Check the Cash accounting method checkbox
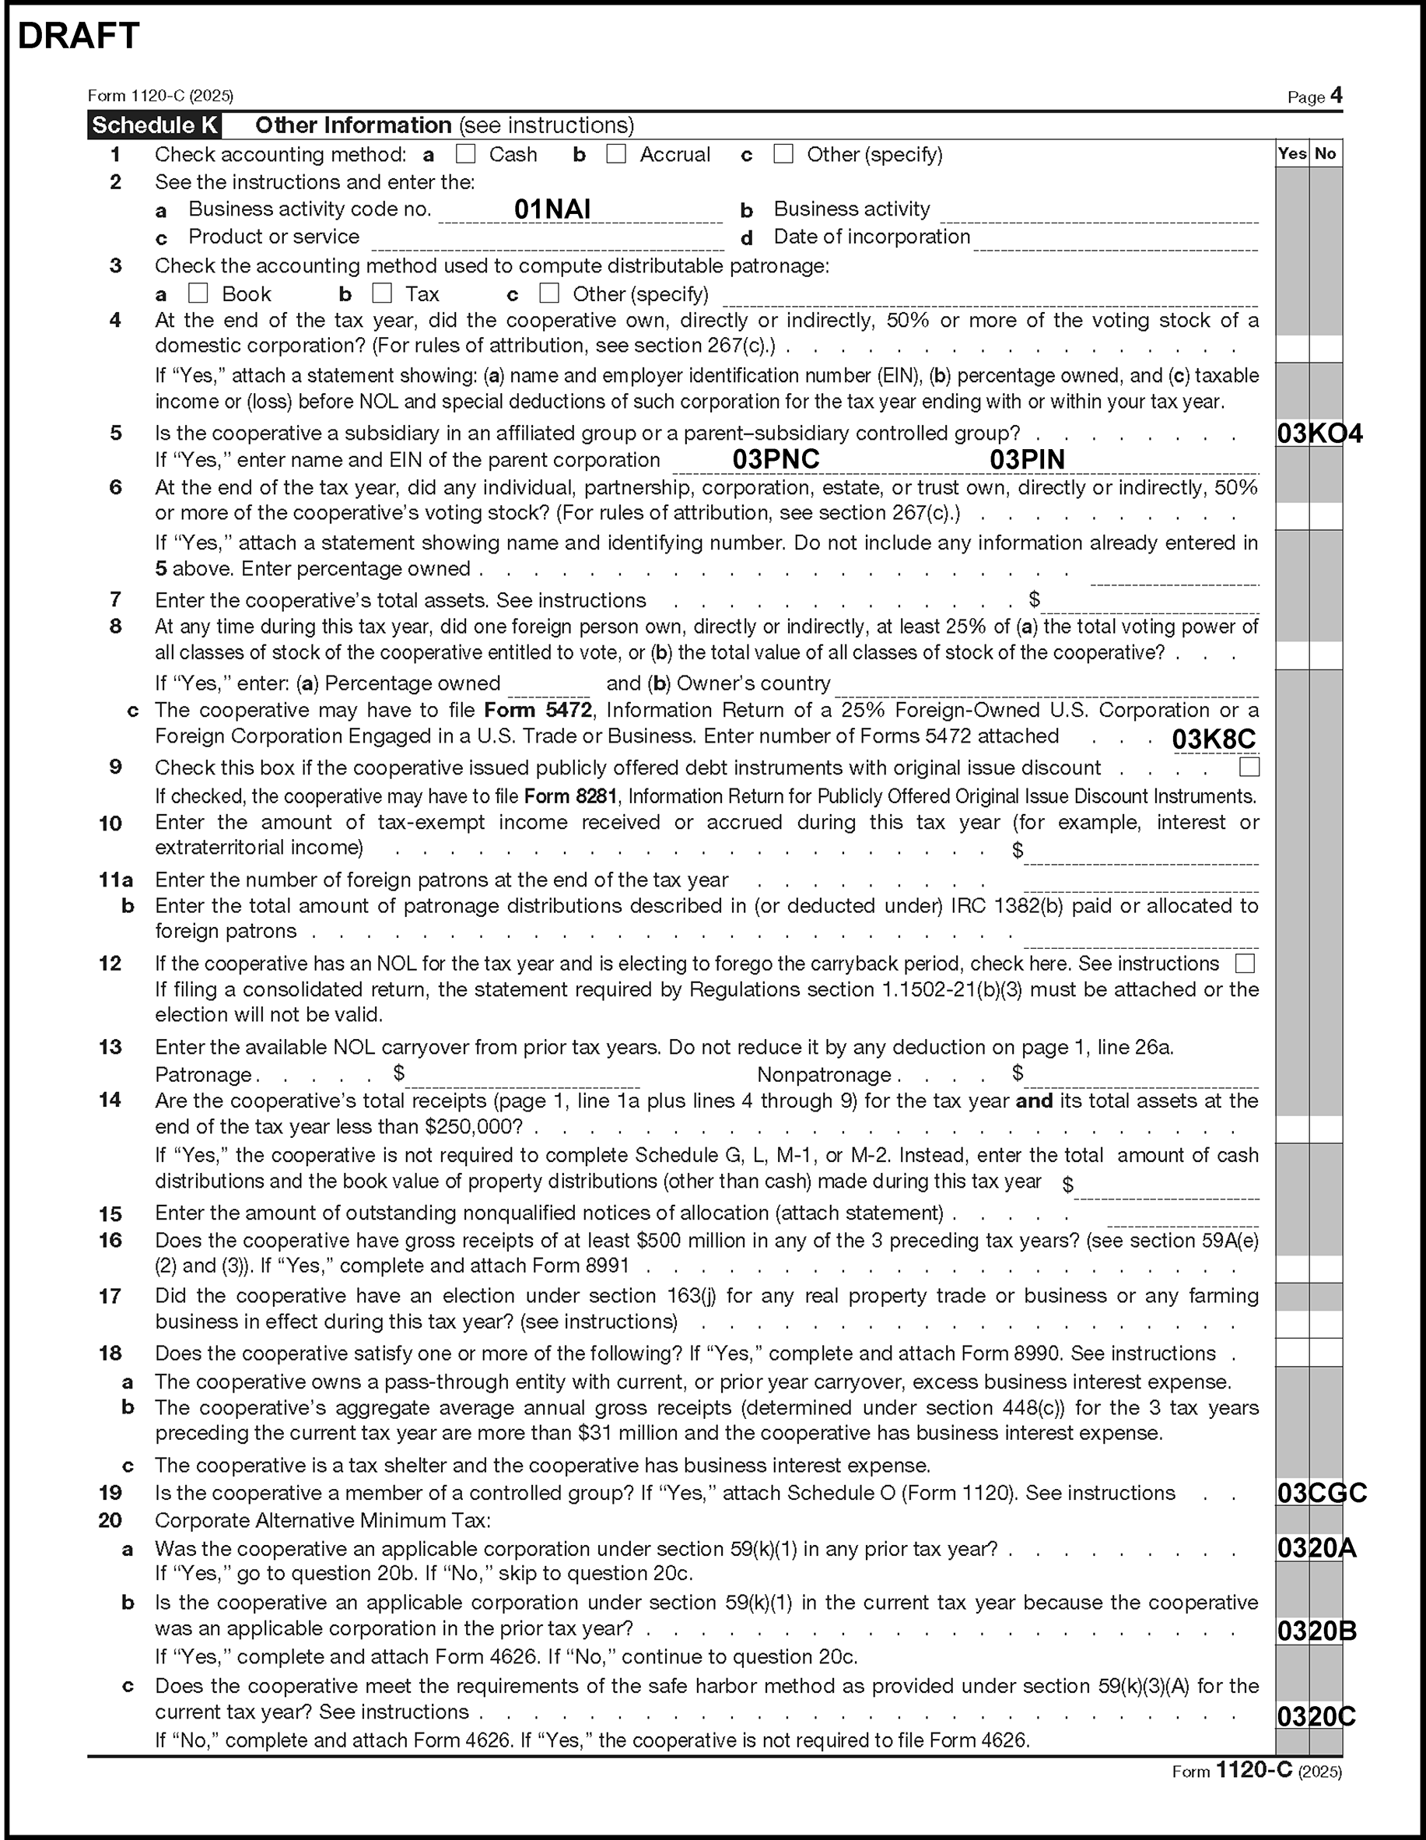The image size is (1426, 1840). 465,154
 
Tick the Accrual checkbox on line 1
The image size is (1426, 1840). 617,154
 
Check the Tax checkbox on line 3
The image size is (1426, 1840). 383,293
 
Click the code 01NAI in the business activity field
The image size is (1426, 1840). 552,209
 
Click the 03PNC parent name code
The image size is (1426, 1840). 776,459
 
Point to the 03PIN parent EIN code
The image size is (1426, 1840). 1027,459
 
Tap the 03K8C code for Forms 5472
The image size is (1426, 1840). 1213,739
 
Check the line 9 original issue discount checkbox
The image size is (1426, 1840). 1249,767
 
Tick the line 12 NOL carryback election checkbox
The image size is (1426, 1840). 1244,963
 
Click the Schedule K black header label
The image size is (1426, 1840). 154,125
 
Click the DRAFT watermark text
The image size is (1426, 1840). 79,37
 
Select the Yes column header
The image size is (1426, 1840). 1291,153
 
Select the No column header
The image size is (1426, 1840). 1325,153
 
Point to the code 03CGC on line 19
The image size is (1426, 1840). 1321,1493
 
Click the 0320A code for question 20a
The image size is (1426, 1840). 1316,1547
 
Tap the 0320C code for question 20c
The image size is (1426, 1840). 1316,1716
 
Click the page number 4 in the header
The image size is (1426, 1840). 1336,96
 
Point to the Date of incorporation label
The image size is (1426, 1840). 872,237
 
